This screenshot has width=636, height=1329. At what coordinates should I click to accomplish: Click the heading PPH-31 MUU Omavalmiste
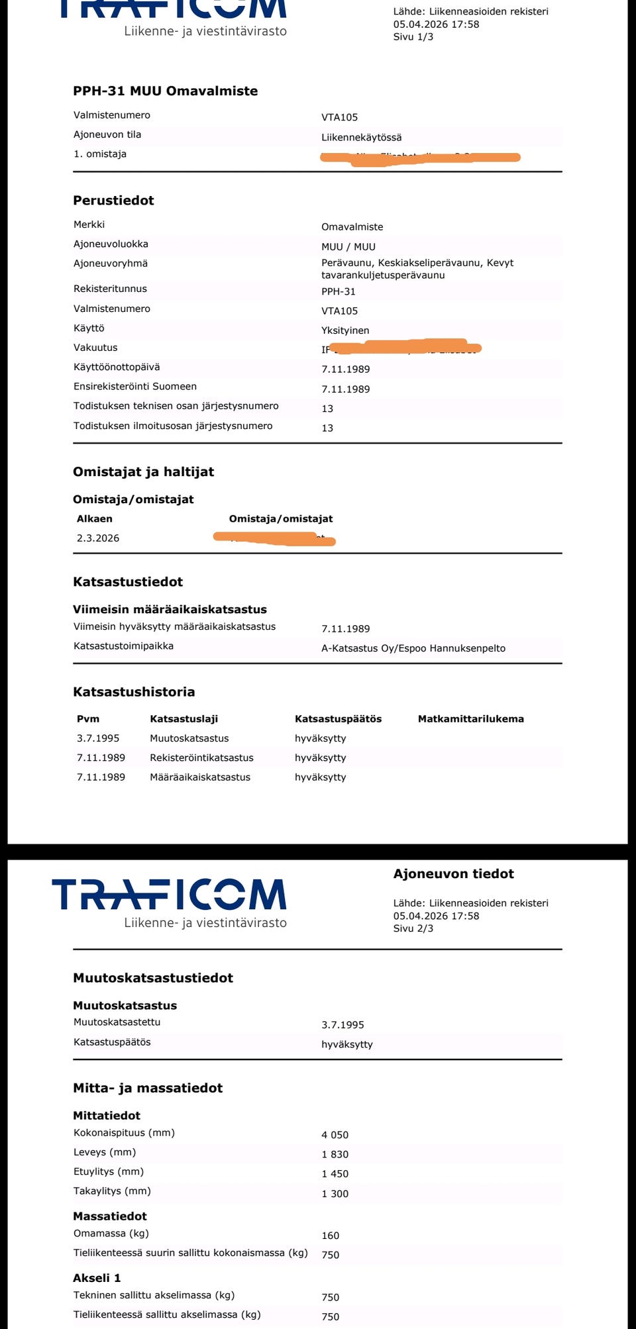165,91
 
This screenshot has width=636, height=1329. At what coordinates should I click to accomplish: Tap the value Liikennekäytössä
361,138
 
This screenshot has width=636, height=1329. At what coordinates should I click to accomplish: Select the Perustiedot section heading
113,201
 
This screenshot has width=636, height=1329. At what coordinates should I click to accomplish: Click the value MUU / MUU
348,247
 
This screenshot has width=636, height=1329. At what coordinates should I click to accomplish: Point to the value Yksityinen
345,330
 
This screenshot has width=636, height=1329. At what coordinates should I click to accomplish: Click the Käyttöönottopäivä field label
117,367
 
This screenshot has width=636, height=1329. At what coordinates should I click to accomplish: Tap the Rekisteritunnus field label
110,289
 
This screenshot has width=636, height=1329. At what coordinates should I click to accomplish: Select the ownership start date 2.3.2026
98,538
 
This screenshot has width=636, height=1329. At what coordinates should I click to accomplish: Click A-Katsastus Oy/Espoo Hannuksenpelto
413,648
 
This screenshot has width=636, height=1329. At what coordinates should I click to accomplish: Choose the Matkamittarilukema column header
470,719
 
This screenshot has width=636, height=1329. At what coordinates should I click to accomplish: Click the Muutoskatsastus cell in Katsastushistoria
189,738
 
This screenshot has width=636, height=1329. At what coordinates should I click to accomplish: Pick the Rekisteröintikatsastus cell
201,758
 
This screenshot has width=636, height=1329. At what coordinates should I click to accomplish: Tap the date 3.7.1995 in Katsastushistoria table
98,738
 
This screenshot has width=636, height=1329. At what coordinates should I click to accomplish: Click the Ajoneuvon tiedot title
453,874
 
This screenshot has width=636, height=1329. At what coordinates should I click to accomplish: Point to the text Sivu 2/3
413,928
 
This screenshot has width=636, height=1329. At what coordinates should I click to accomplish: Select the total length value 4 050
335,1135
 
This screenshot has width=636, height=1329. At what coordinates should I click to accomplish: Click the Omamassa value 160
330,1236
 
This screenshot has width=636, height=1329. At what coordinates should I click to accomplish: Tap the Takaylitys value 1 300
335,1194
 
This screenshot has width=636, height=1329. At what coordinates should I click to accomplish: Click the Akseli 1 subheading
97,1278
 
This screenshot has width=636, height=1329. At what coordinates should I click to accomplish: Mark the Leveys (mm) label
105,1152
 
